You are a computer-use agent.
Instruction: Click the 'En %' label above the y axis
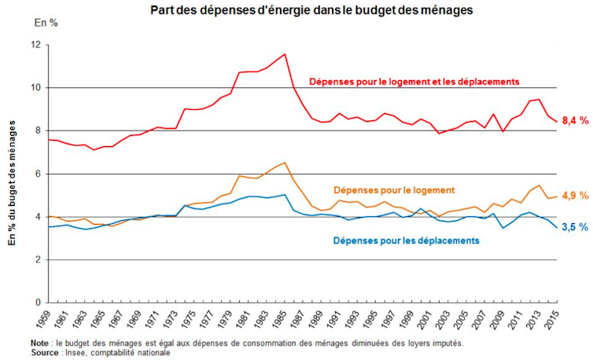[46, 24]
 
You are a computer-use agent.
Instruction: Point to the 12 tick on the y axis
[35, 45]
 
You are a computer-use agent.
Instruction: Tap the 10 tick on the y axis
[35, 88]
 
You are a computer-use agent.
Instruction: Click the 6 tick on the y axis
[37, 174]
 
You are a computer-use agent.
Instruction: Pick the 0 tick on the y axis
[37, 303]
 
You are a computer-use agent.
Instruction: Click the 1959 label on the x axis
[49, 320]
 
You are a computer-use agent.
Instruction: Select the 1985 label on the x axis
[285, 320]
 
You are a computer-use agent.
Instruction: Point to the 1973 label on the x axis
[176, 320]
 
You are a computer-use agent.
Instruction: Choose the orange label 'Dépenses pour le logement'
[394, 190]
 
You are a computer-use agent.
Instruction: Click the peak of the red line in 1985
[285, 54]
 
